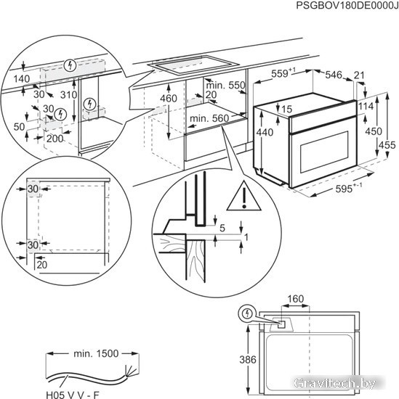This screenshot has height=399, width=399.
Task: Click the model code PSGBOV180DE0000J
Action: point(347,6)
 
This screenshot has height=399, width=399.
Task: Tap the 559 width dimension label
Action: point(281,73)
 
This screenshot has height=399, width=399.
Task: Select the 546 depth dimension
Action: point(334,75)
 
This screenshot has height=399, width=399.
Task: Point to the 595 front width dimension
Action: point(348,189)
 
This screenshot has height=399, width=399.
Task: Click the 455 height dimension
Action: point(387,145)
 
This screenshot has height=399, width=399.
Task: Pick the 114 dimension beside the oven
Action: point(366,106)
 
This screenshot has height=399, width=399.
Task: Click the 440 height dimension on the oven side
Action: point(265,132)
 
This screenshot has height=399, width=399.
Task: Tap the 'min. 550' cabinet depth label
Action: point(225,86)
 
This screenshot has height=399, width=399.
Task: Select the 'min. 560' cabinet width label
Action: point(209,118)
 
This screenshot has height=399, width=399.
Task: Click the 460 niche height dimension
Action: point(169,99)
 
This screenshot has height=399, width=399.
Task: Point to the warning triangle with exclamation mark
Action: point(244,196)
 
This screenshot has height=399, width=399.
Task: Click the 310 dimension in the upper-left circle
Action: point(68,95)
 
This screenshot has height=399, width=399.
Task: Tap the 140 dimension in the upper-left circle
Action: point(22,79)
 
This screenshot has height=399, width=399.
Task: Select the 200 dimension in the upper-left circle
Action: point(55,139)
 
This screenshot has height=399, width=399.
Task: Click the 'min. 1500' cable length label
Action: point(96,353)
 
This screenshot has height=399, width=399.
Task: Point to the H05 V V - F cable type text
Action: point(73,395)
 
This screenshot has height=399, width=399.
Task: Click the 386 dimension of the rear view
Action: point(248,360)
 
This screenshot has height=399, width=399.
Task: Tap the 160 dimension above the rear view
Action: point(296,299)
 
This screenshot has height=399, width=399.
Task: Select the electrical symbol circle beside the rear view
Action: point(246,313)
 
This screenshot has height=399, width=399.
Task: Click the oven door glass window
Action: point(324,152)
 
